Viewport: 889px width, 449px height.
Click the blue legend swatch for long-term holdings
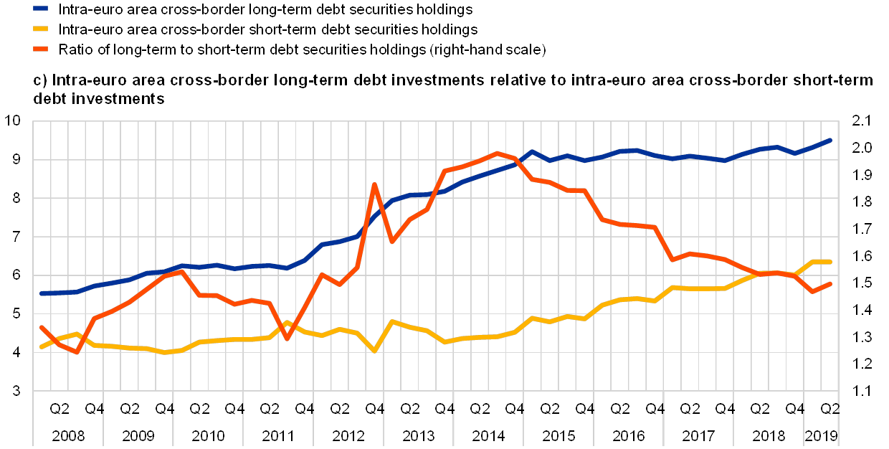[x=40, y=9]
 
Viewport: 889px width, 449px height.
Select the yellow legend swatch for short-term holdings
[x=40, y=29]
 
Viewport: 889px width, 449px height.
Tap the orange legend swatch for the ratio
[x=40, y=49]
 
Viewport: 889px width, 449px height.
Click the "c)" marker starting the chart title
[x=40, y=80]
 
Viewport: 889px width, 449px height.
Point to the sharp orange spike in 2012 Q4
[x=374, y=185]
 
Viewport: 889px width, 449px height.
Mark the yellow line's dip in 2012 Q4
[x=374, y=350]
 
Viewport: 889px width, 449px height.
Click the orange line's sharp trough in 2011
[x=287, y=339]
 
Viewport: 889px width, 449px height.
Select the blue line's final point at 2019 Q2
[x=830, y=141]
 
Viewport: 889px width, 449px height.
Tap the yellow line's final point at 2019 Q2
[x=830, y=262]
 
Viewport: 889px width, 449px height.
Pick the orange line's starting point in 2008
[x=42, y=327]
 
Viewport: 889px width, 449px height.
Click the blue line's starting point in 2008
[x=42, y=293]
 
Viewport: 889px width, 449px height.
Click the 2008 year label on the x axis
[x=67, y=435]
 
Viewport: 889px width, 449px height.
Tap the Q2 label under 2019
[x=830, y=410]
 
